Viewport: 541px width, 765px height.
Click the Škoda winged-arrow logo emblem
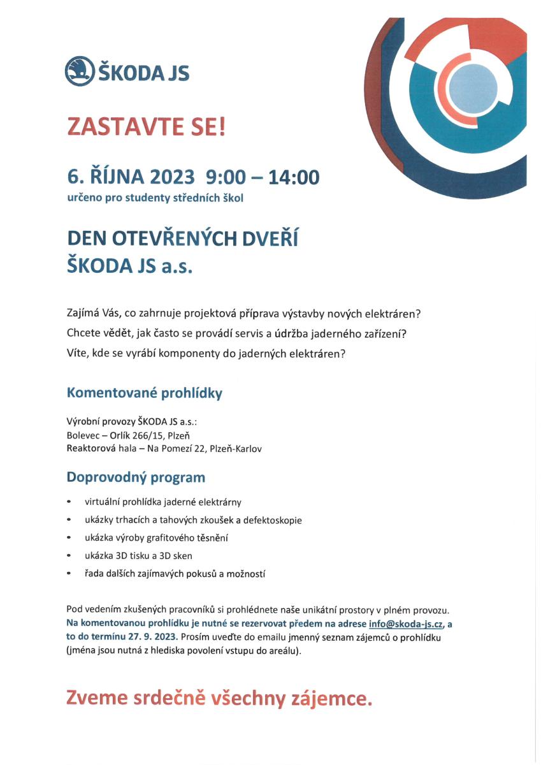click(79, 71)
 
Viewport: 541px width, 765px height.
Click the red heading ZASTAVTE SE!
click(147, 127)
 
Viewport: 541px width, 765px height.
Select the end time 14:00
click(294, 176)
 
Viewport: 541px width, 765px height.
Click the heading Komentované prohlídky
click(145, 393)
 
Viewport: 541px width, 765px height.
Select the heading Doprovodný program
click(136, 477)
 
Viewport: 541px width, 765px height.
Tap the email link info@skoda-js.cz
click(405, 624)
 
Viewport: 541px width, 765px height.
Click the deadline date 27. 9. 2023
click(152, 637)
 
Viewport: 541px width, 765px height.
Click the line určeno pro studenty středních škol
click(155, 198)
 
